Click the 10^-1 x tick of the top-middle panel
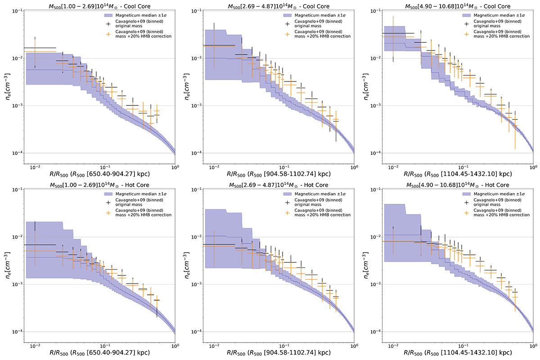pos(283,162)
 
